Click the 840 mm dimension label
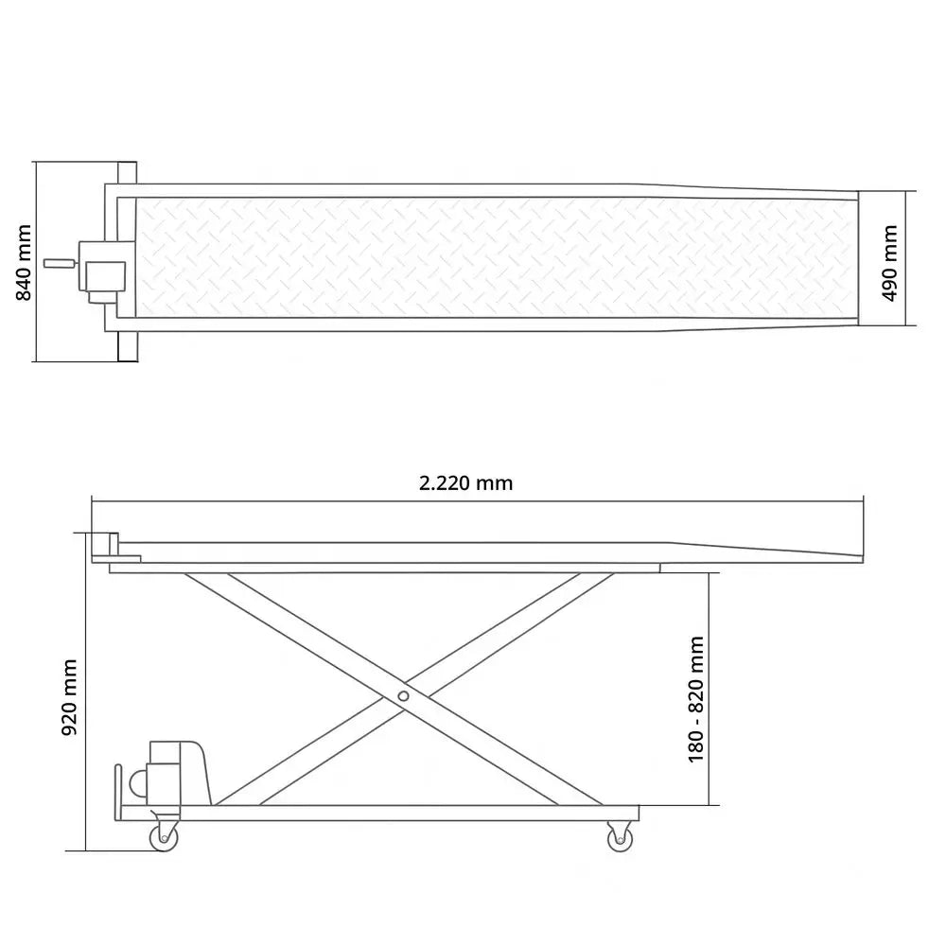click(x=24, y=262)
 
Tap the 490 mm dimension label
click(x=890, y=263)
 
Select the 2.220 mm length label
click(x=465, y=483)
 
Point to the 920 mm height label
click(x=70, y=697)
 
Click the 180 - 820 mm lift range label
click(x=696, y=699)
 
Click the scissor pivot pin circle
click(x=403, y=696)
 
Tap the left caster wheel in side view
click(x=164, y=837)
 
